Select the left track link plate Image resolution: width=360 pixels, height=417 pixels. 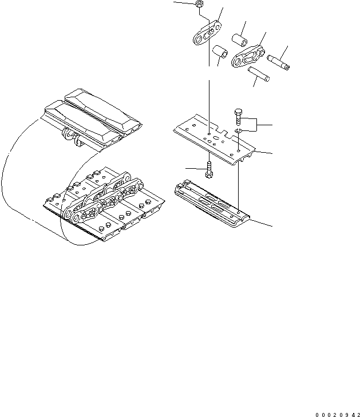coord(207,34)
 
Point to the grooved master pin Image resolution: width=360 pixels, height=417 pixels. coord(278,59)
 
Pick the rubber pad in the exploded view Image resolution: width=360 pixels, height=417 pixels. coord(210,204)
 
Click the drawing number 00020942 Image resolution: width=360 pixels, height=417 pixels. coord(337,412)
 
